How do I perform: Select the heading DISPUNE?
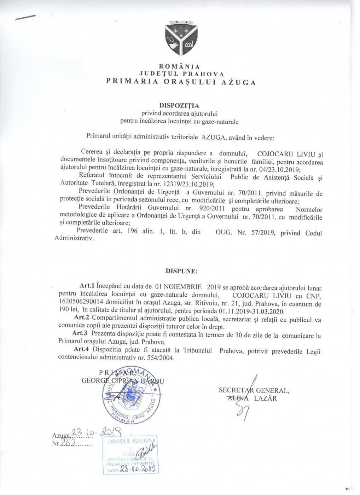(182, 272)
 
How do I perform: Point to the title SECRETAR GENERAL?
(254, 390)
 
